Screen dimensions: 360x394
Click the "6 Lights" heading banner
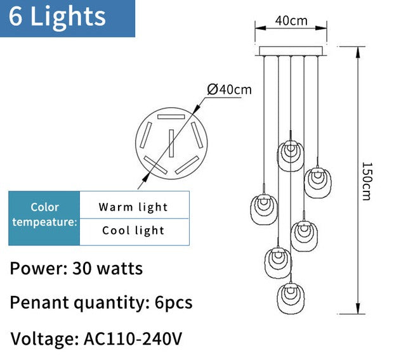click(x=67, y=18)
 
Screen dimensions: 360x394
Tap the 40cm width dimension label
click(x=291, y=20)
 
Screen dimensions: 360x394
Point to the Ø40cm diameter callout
click(x=230, y=89)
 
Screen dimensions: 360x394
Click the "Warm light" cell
click(x=133, y=207)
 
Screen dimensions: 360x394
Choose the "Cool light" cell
click(x=133, y=231)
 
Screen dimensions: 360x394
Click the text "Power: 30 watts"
click(x=76, y=268)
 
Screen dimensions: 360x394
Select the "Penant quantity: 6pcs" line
click(x=101, y=303)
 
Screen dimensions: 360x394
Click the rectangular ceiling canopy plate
click(x=291, y=51)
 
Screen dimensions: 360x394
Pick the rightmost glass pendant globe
click(x=317, y=182)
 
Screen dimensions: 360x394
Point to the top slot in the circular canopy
click(x=171, y=117)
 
